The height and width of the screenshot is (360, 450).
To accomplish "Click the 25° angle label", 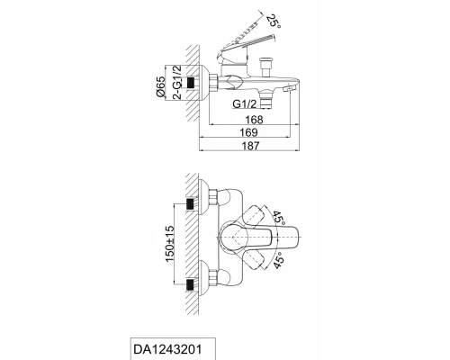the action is (274, 21).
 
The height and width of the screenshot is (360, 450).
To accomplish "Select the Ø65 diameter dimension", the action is (160, 87).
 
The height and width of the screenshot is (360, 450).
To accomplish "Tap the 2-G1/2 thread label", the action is (177, 82).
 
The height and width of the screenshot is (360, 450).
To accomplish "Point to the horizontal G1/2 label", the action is (245, 104).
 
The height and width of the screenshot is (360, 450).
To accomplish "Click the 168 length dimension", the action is (254, 120).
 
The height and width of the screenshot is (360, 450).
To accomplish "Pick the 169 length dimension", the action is (248, 132).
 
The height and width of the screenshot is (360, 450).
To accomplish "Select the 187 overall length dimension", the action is (250, 146).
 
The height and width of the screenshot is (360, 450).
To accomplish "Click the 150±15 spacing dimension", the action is (169, 244).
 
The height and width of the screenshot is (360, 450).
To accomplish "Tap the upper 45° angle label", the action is (278, 218).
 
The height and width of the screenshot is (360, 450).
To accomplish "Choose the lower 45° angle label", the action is (279, 260).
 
